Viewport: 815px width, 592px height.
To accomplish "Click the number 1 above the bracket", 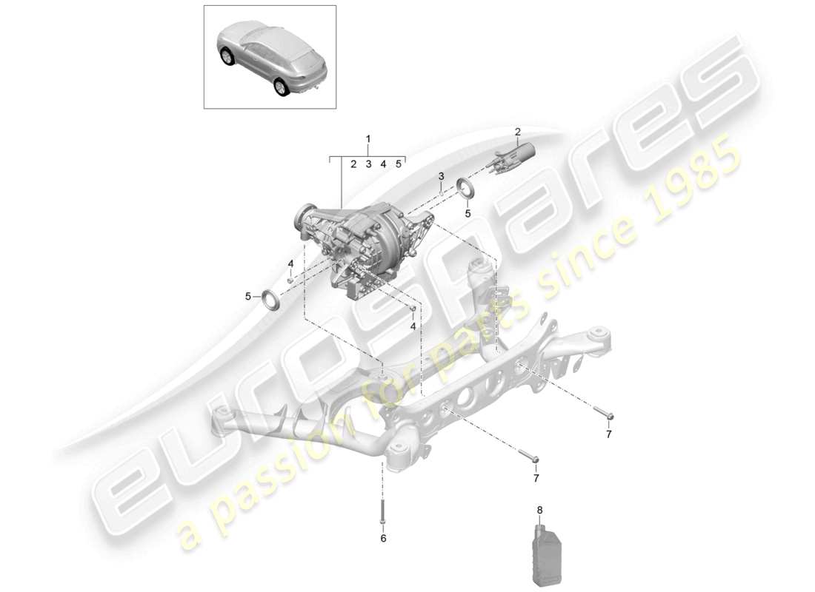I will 368,138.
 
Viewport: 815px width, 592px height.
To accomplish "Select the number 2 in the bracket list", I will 354,164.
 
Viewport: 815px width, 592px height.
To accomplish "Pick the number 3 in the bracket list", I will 368,164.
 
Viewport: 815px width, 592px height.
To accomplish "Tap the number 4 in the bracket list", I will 383,164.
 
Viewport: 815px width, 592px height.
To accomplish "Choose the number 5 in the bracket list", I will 399,164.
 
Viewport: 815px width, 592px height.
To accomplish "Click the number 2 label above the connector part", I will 518,132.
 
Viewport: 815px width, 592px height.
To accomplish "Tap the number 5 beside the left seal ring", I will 249,297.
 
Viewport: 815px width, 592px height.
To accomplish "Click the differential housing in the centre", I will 363,237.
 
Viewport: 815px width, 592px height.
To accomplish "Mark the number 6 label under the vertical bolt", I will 383,539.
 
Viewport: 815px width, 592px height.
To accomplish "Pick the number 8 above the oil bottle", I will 539,510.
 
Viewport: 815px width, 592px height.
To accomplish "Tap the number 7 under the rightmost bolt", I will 609,434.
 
